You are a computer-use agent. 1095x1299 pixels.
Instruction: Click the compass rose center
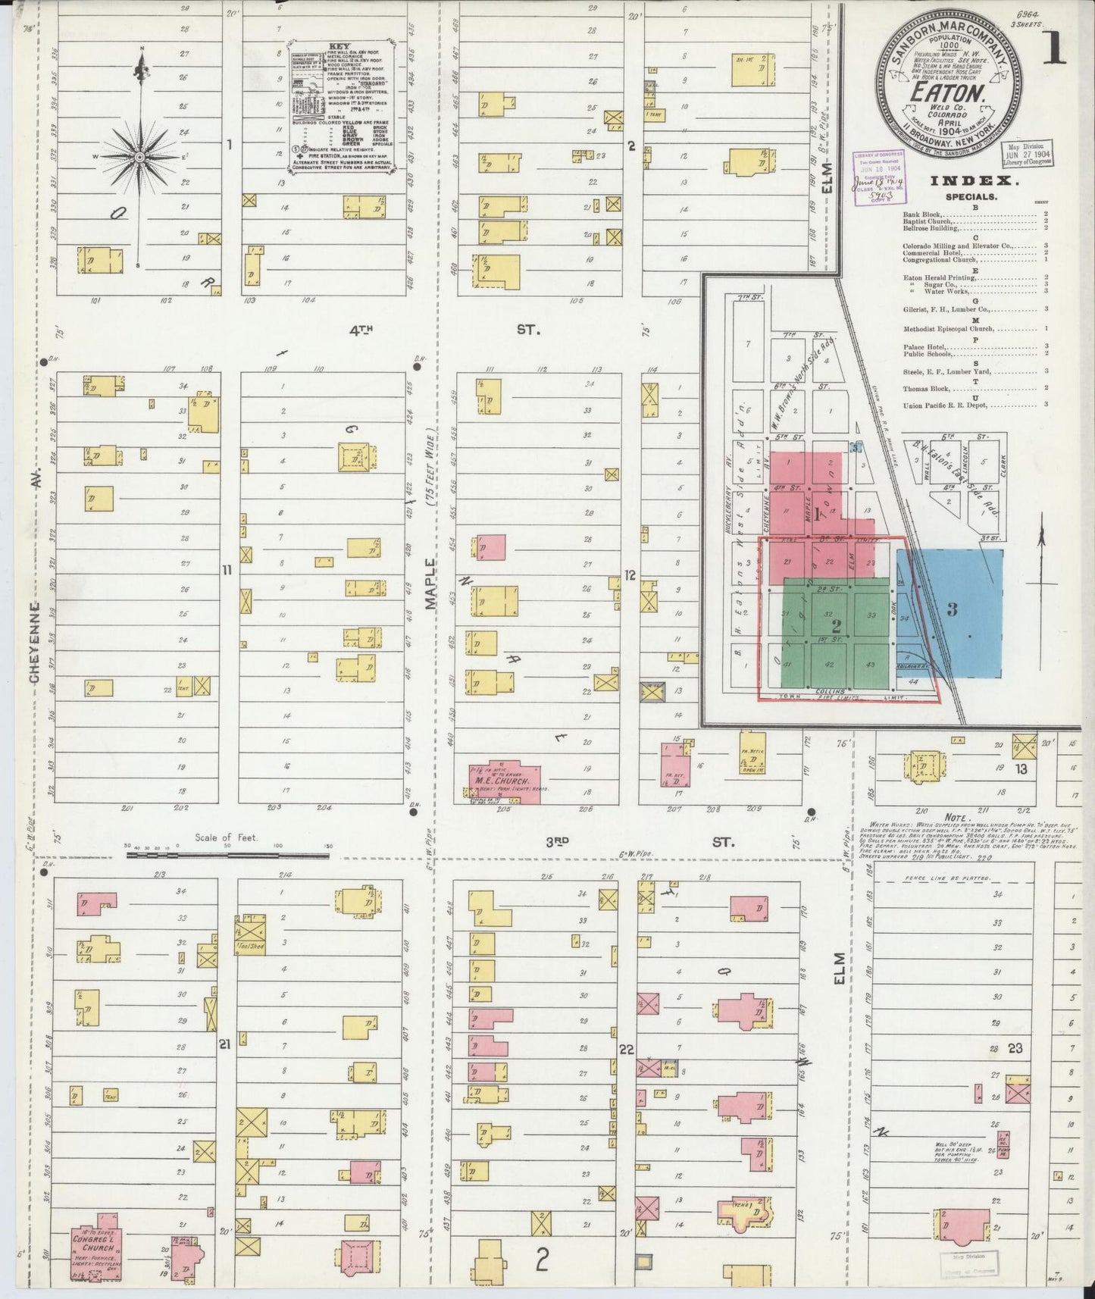click(x=139, y=157)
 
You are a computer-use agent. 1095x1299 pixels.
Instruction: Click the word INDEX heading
click(x=962, y=180)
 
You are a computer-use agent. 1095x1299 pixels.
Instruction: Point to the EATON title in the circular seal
click(x=947, y=92)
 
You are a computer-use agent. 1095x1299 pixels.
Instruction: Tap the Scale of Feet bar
click(x=227, y=855)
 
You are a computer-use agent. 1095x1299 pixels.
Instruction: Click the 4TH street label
click(x=361, y=330)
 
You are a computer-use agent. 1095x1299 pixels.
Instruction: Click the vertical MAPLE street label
click(x=430, y=584)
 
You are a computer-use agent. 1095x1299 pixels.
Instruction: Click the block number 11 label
click(x=226, y=570)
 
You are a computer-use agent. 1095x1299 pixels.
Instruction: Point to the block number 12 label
click(x=630, y=575)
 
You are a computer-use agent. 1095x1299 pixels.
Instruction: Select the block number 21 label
click(x=224, y=1044)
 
